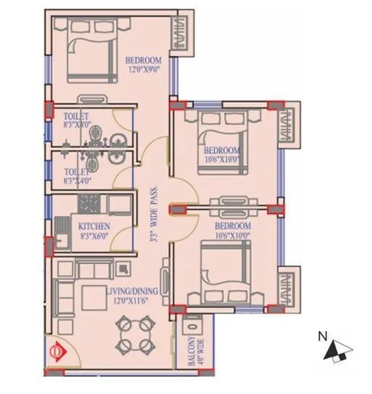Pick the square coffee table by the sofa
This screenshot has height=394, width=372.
click(x=94, y=297)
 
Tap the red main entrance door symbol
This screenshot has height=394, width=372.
click(x=55, y=354)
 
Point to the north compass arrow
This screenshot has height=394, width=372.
click(x=334, y=351)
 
